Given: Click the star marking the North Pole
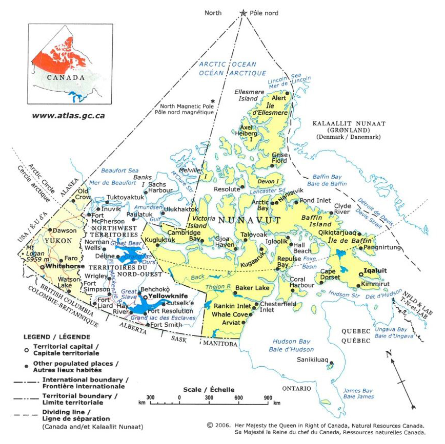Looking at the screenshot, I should (x=243, y=13).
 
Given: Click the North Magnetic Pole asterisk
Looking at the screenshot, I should (x=213, y=101).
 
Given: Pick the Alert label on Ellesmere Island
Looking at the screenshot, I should (x=279, y=98).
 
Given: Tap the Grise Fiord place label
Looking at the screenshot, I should (x=280, y=158).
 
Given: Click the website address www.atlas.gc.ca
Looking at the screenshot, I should (x=68, y=116).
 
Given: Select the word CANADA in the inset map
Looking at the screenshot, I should (x=66, y=78).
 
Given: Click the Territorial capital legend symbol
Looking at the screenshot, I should (x=26, y=350).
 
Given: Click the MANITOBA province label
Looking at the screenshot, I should (x=220, y=344).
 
